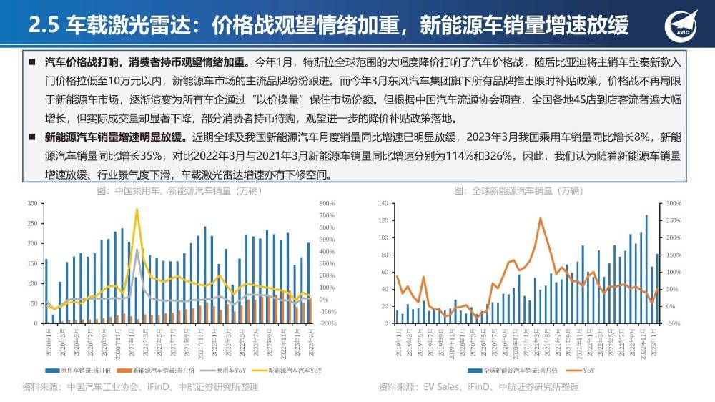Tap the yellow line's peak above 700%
[x=137, y=210]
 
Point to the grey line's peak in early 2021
[x=137, y=250]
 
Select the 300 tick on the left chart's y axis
[x=31, y=204]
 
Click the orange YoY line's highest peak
[x=540, y=219]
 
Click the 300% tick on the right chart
[x=674, y=204]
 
